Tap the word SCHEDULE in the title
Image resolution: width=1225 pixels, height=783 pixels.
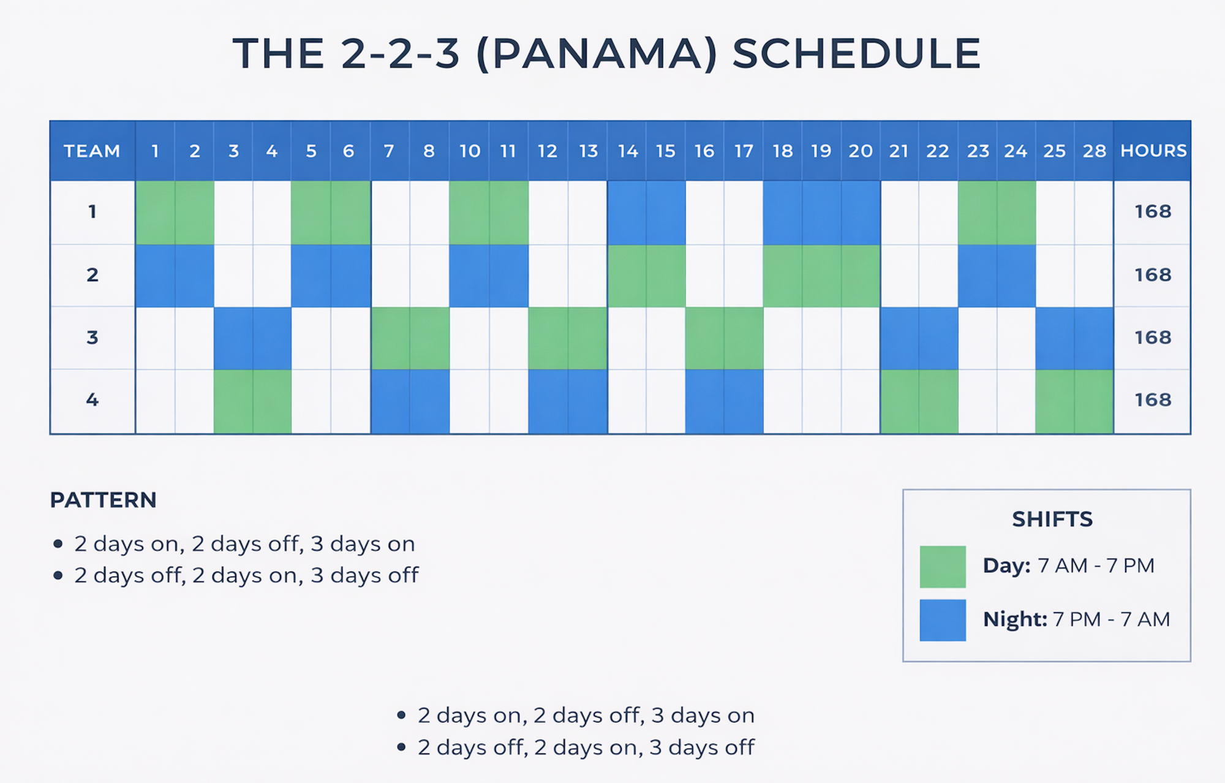[x=857, y=53]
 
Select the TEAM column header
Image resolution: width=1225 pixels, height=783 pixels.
[x=92, y=151]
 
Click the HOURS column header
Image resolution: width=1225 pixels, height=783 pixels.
[x=1153, y=151]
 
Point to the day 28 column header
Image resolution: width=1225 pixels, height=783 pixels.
[x=1095, y=151]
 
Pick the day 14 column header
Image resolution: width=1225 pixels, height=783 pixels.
[x=627, y=151]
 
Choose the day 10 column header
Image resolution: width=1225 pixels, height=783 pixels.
[x=470, y=151]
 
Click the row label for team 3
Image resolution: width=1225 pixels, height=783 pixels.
[x=92, y=338]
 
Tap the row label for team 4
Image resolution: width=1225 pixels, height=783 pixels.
[x=92, y=400]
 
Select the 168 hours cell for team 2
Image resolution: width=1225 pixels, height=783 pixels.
[x=1153, y=275]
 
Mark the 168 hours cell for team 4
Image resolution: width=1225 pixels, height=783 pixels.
[x=1153, y=400]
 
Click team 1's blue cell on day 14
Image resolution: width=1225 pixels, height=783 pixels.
[x=627, y=213]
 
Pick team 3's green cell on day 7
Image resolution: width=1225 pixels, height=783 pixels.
[x=390, y=338]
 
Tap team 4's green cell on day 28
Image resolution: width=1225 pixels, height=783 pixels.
[x=1094, y=401]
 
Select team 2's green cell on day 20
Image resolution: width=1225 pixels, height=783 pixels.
[x=861, y=276]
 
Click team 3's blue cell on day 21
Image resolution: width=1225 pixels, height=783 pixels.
[x=900, y=338]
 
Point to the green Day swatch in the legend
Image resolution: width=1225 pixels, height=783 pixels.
[x=943, y=567]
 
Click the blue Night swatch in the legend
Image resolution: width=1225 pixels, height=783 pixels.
[x=943, y=620]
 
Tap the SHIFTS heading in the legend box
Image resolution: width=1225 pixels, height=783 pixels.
[x=1052, y=520]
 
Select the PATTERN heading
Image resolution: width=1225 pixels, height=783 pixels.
[x=103, y=500]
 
